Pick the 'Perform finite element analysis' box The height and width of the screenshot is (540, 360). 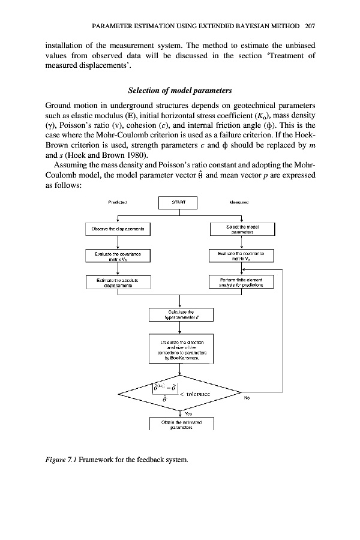click(x=241, y=283)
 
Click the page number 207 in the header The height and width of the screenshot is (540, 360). click(x=310, y=26)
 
